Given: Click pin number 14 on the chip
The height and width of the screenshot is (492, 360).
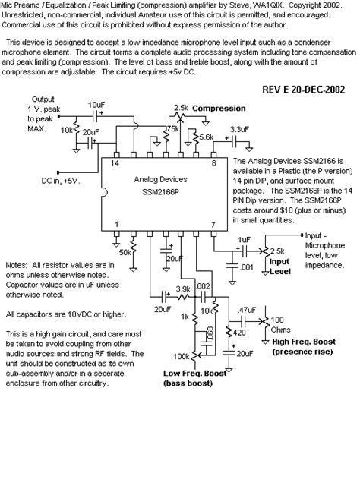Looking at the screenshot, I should [115, 162].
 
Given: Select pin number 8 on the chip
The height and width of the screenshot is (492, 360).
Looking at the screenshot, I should [214, 162].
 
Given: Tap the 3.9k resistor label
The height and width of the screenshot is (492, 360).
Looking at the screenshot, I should [184, 289].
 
